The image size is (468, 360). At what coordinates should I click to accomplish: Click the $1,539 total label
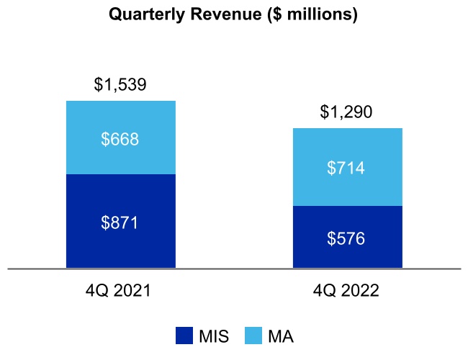coord(121,85)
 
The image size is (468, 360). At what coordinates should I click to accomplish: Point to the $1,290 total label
coord(347,112)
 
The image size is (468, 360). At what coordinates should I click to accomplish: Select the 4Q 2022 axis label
coord(347,292)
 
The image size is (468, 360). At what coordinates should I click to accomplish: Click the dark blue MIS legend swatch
coord(184,336)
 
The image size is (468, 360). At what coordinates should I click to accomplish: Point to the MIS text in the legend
coord(214,336)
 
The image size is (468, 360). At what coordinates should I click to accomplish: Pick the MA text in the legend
coord(281,336)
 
